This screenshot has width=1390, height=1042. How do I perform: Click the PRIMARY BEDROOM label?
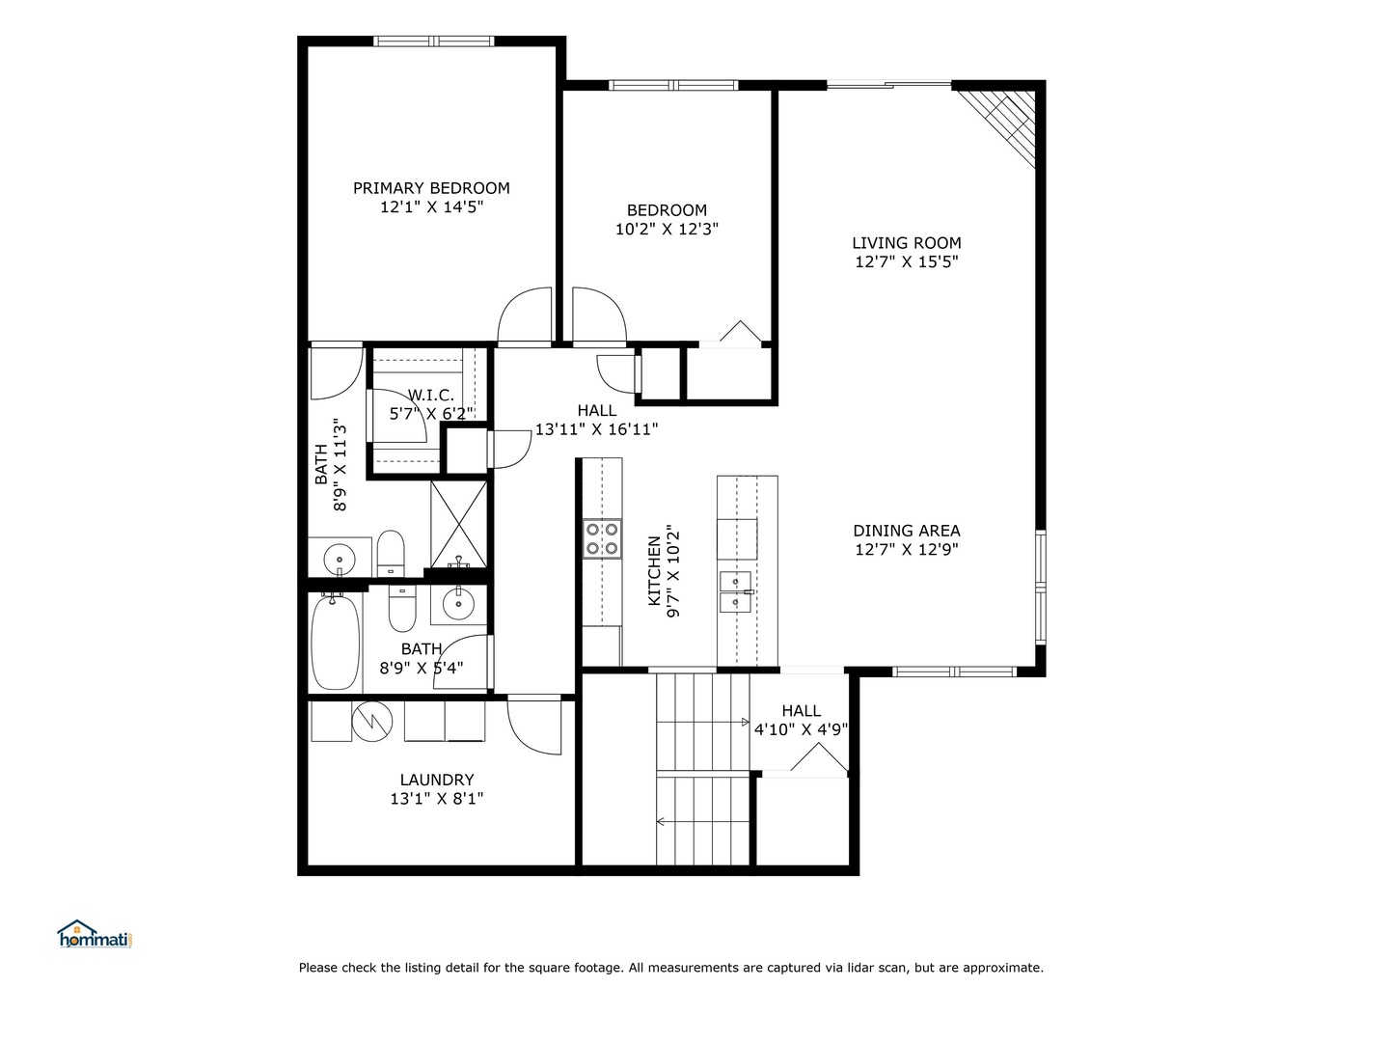pyautogui.click(x=431, y=188)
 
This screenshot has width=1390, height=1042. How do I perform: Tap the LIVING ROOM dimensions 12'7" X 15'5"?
pyautogui.click(x=906, y=261)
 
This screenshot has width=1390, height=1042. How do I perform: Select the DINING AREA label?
pyautogui.click(x=906, y=531)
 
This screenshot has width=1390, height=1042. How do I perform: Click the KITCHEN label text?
pyautogui.click(x=655, y=571)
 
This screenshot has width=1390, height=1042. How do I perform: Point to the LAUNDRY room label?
pyautogui.click(x=436, y=780)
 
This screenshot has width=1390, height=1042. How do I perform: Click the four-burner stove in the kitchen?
pyautogui.click(x=601, y=538)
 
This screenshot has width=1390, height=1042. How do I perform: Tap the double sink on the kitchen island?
pyautogui.click(x=736, y=591)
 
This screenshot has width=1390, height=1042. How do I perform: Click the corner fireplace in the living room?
pyautogui.click(x=1004, y=122)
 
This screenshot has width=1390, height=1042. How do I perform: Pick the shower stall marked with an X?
pyautogui.click(x=459, y=524)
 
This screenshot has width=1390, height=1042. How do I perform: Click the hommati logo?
pyautogui.click(x=94, y=934)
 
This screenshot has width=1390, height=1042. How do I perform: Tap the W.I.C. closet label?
pyautogui.click(x=430, y=395)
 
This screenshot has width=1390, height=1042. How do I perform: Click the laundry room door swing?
pyautogui.click(x=533, y=726)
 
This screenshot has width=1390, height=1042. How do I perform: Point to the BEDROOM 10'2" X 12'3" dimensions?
pyautogui.click(x=667, y=230)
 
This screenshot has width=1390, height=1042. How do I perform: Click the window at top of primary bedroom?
pyautogui.click(x=434, y=41)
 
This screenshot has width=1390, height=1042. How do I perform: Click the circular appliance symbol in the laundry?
pyautogui.click(x=371, y=719)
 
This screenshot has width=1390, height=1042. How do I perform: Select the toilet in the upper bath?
pyautogui.click(x=391, y=550)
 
